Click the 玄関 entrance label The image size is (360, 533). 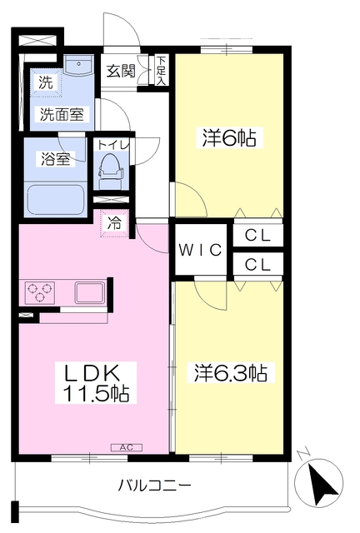121,71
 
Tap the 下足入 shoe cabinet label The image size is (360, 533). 162,71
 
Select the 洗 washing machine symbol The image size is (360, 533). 46,82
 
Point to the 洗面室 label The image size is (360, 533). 62,114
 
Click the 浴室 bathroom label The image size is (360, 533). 56,159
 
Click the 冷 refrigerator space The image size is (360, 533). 114,223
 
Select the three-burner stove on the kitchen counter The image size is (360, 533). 40,292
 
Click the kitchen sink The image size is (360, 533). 89,292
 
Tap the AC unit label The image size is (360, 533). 127,447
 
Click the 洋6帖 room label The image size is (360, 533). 229,137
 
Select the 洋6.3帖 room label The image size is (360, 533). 231,373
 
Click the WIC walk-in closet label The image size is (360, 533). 201,250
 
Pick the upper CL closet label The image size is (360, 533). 257,235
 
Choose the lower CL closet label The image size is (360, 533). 257,264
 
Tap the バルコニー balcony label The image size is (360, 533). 154,486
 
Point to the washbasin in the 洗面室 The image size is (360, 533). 78,65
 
